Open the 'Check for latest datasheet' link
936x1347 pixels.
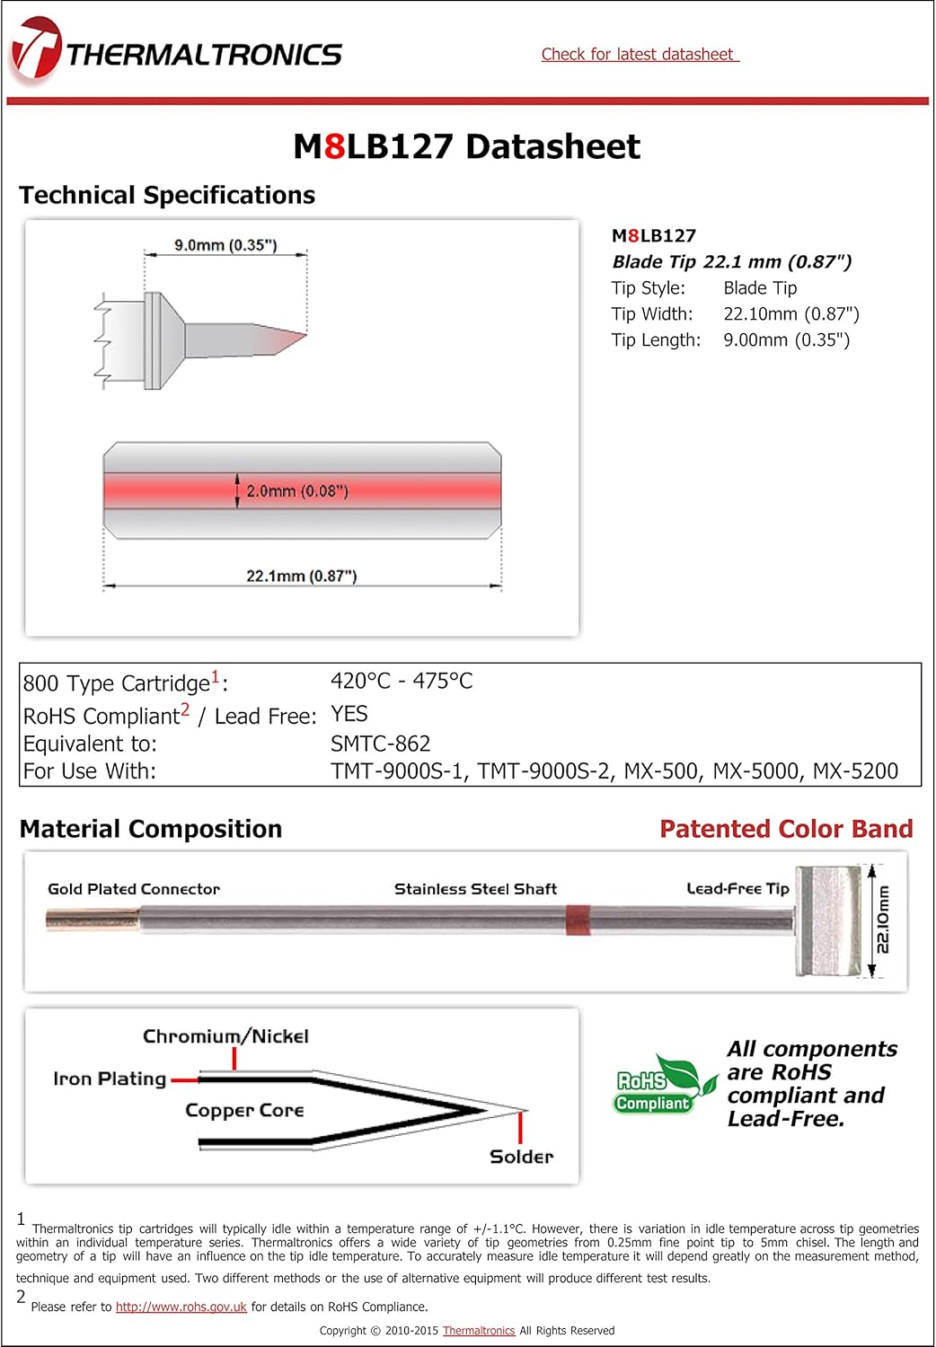[639, 55]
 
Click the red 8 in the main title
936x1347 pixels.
[334, 146]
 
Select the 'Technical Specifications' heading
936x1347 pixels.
[167, 196]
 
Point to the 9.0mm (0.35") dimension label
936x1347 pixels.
[225, 245]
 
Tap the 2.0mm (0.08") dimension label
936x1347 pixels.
[296, 491]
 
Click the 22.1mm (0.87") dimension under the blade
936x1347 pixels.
[301, 576]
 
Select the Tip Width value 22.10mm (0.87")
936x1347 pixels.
[790, 314]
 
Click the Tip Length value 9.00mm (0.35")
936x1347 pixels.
[786, 340]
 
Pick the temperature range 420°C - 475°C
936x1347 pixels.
[402, 682]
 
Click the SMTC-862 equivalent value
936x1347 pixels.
[380, 744]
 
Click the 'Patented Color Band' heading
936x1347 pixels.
[785, 829]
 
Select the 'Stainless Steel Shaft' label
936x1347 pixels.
[475, 889]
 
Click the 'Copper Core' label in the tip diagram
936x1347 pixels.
[244, 1111]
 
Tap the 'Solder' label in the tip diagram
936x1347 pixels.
[521, 1157]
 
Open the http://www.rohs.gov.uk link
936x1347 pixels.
[181, 1307]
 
